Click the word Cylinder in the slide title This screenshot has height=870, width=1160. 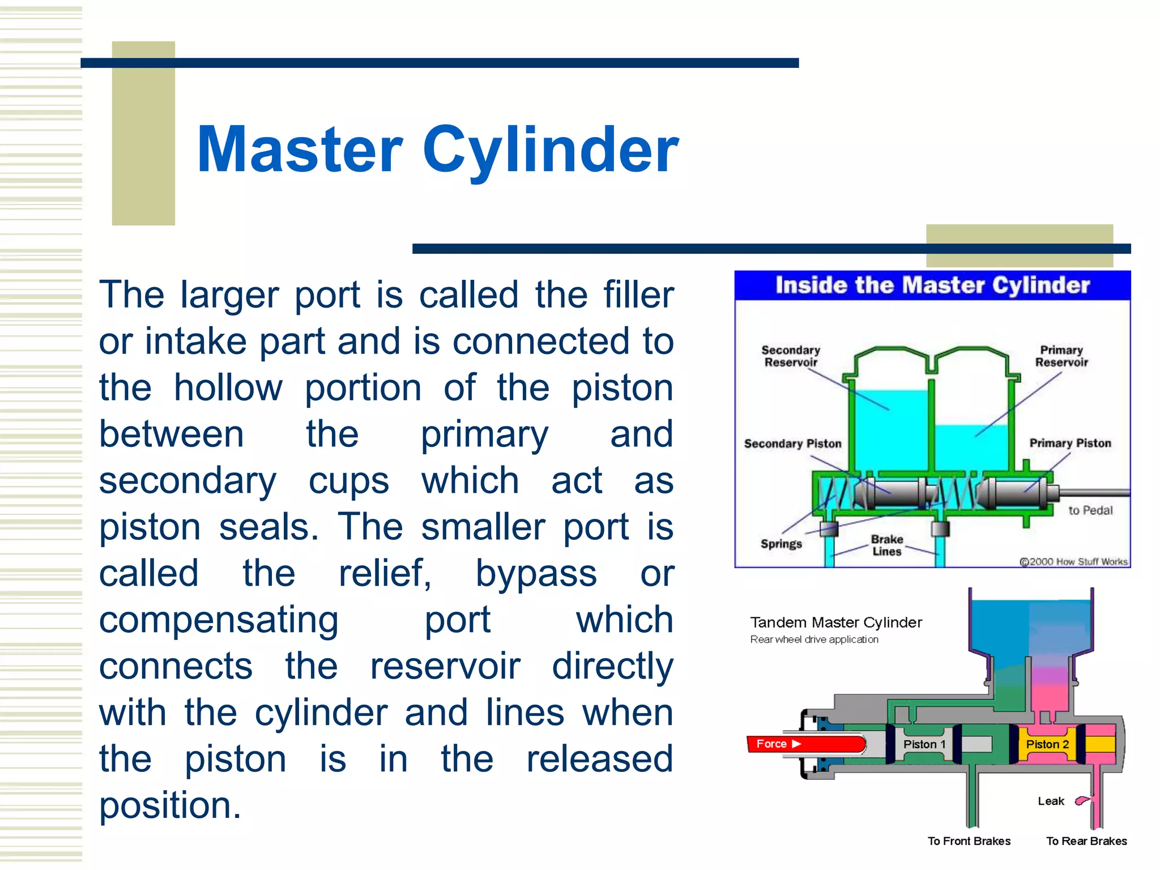pyautogui.click(x=550, y=150)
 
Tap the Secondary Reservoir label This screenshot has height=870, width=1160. pyautogui.click(x=791, y=356)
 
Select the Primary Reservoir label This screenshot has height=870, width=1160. pyautogui.click(x=1061, y=356)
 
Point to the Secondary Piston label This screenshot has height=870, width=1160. pyautogui.click(x=792, y=443)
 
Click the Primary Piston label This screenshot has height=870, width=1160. pyautogui.click(x=1070, y=443)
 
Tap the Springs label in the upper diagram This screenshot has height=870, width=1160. pyautogui.click(x=781, y=544)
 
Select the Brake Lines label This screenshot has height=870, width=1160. pyautogui.click(x=886, y=545)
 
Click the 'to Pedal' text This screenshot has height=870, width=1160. pyautogui.click(x=1090, y=510)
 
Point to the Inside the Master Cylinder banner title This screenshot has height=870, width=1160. pyautogui.click(x=932, y=285)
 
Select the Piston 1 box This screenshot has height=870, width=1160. pyautogui.click(x=924, y=744)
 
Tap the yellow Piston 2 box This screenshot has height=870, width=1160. pyautogui.click(x=1047, y=744)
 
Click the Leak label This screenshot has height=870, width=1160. pyautogui.click(x=1051, y=801)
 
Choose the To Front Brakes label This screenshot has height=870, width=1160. pyautogui.click(x=969, y=841)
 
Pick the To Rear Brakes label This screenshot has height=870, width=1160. pyautogui.click(x=1086, y=841)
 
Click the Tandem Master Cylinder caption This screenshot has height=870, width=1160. pyautogui.click(x=835, y=622)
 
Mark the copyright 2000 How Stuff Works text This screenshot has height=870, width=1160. pyautogui.click(x=1073, y=561)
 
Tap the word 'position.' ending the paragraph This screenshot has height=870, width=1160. pyautogui.click(x=170, y=805)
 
